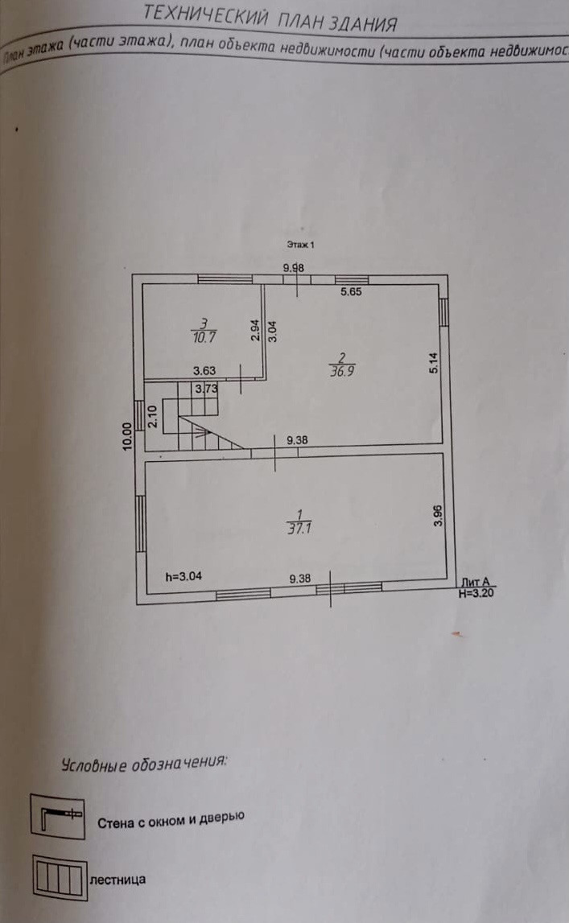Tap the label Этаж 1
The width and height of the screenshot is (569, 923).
pos(299,244)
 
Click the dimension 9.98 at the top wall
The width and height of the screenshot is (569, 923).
pos(293,268)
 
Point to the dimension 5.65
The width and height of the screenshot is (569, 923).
pos(351,292)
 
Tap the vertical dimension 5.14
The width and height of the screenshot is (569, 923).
pos(434,364)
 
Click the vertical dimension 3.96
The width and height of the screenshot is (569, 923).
pos(438,516)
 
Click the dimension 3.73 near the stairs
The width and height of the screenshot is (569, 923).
pos(206,388)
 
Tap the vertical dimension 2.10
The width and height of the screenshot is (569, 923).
pos(153,418)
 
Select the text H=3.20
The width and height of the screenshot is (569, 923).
pos(476,594)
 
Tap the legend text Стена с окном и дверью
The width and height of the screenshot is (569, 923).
pos(171,820)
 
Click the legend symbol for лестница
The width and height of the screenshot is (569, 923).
pos(58,876)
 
